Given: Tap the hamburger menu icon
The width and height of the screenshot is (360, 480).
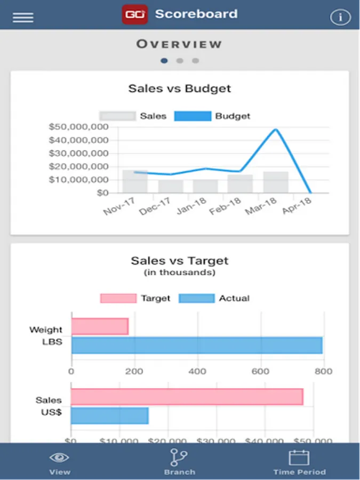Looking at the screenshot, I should click(x=23, y=17).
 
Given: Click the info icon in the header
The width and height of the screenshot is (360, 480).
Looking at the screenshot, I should click(x=340, y=17).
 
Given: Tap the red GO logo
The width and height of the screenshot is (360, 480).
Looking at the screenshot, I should click(x=134, y=14).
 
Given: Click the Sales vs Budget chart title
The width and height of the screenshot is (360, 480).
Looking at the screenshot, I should click(x=180, y=89).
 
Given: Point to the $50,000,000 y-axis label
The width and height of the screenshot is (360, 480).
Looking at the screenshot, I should click(x=78, y=127).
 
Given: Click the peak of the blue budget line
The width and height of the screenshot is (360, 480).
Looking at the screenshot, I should click(x=276, y=130).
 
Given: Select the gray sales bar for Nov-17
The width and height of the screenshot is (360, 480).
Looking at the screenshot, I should click(x=135, y=181).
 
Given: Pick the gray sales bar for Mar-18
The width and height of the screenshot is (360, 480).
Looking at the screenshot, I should click(x=276, y=182).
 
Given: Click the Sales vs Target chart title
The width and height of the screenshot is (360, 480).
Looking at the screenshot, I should click(x=180, y=261).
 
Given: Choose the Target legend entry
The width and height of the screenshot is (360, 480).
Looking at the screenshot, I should click(x=135, y=299).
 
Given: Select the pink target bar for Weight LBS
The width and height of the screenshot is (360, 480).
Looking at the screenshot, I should click(x=100, y=326).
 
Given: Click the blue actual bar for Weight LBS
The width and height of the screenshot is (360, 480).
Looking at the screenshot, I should click(x=197, y=345).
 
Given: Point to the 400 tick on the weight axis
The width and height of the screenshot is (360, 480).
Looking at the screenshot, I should click(x=198, y=372).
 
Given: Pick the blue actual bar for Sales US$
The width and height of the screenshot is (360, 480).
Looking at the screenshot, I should click(x=109, y=416).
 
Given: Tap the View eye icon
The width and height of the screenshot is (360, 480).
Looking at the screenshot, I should click(x=59, y=458).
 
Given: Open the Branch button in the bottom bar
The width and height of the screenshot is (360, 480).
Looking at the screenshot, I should click(x=179, y=462).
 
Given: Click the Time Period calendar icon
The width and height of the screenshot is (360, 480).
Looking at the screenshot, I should click(x=299, y=458).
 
